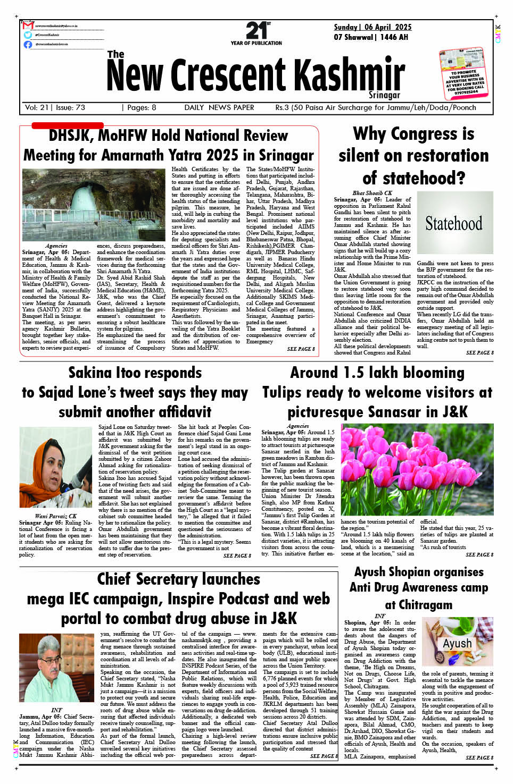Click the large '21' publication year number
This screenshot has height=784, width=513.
click(256, 30)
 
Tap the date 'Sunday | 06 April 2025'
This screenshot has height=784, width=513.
click(373, 27)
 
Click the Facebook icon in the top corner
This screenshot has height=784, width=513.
click(28, 44)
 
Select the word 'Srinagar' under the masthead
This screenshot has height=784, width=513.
click(384, 95)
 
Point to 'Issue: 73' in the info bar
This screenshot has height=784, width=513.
click(70, 107)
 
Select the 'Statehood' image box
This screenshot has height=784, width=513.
click(454, 223)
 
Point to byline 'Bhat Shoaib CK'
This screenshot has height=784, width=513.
click(372, 193)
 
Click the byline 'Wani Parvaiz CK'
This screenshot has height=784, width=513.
click(56, 516)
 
